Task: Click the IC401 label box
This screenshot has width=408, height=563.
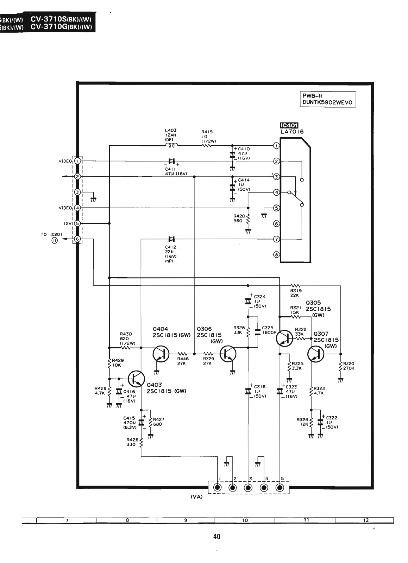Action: [289, 125]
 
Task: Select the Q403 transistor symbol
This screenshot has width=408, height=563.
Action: [137, 379]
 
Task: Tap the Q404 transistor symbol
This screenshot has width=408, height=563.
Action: [161, 354]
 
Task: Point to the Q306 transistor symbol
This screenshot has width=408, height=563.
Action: [228, 354]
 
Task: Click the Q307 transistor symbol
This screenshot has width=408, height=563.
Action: [316, 354]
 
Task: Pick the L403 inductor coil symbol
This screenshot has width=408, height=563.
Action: [172, 145]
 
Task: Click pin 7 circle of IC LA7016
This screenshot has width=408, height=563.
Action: [276, 239]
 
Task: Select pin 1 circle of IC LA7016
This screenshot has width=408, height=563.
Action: [276, 146]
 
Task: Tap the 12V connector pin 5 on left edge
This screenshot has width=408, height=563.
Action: [77, 223]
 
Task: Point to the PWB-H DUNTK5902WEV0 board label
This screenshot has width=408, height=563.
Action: [327, 99]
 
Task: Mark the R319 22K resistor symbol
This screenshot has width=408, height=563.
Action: [295, 285]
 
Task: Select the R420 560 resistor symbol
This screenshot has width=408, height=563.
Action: [248, 220]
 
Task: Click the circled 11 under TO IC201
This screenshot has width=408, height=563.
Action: [55, 241]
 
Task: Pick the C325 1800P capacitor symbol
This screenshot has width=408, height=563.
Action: [258, 332]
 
